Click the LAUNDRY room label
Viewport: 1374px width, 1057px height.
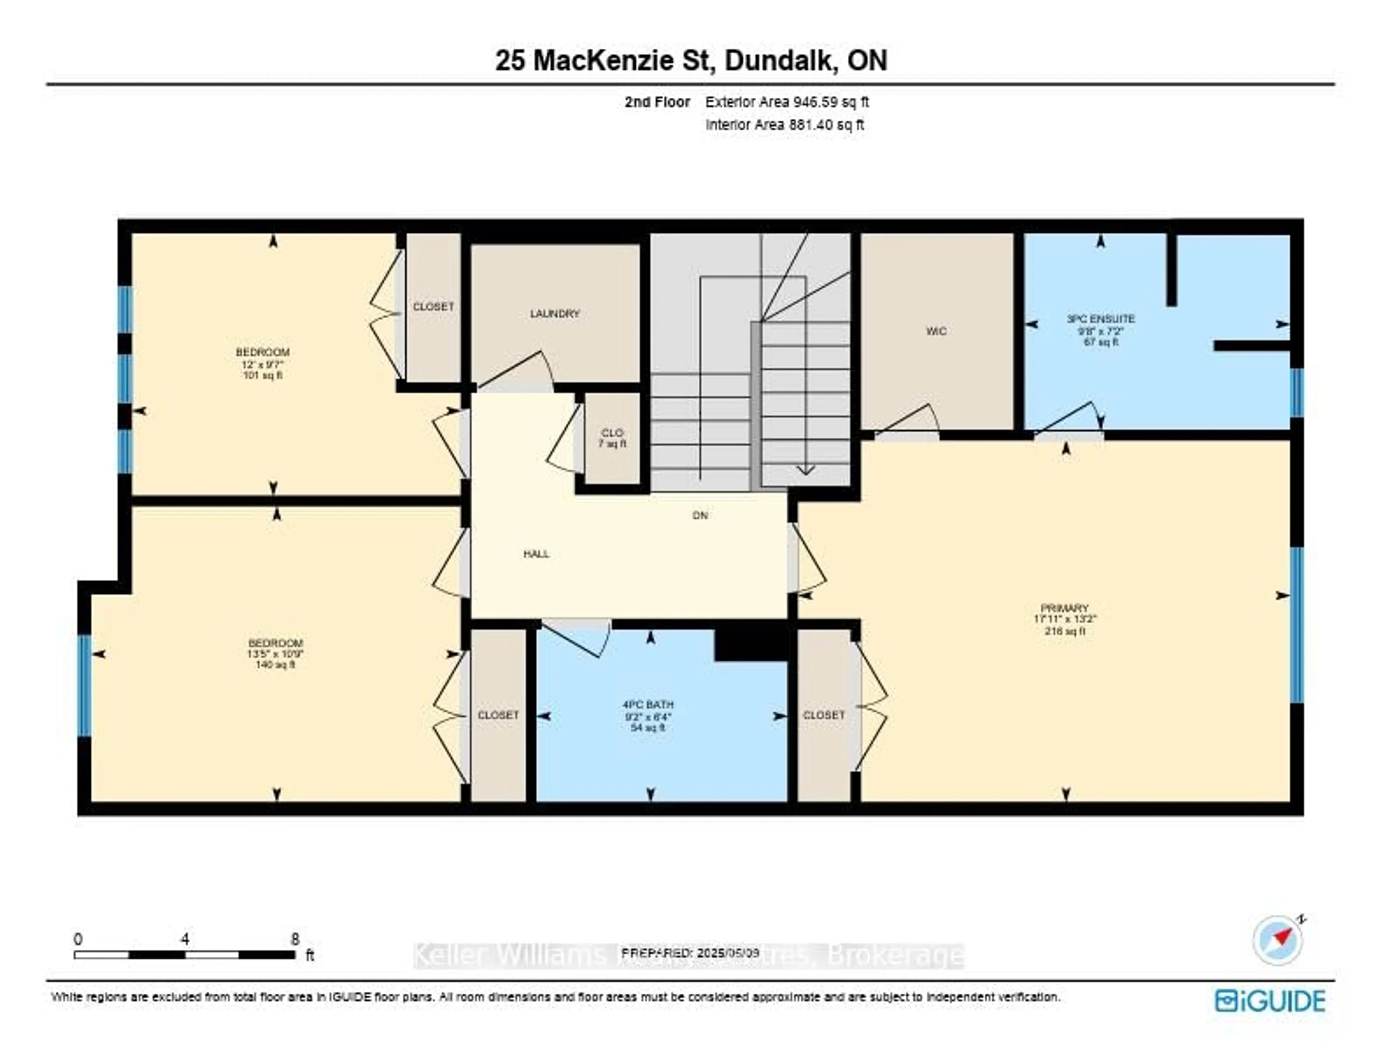click(x=554, y=313)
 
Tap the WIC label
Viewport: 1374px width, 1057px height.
click(x=936, y=331)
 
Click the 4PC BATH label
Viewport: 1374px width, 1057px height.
click(x=648, y=705)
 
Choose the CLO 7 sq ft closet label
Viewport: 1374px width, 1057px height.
click(x=612, y=438)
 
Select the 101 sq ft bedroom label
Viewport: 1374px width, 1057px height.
click(x=262, y=364)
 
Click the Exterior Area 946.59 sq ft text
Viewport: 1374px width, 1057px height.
click(x=787, y=102)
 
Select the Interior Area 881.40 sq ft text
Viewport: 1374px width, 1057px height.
click(x=784, y=125)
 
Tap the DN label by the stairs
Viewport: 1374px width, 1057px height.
click(x=700, y=515)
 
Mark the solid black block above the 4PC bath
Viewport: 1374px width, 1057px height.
click(x=751, y=644)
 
